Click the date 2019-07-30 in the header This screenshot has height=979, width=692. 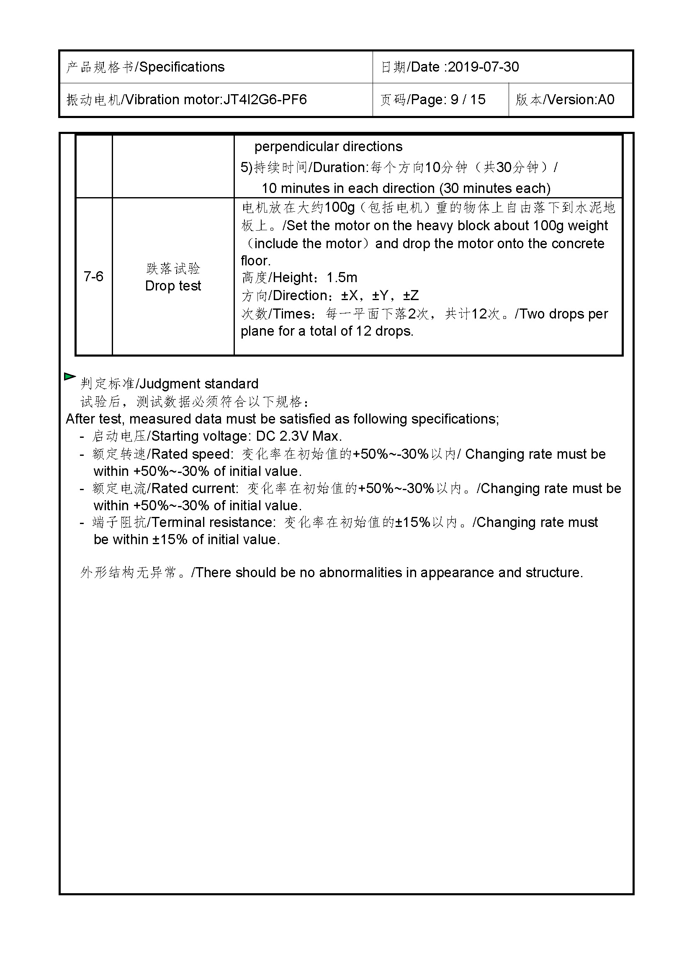483,67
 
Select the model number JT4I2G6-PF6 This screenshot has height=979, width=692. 265,100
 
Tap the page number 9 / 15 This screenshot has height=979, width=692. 468,100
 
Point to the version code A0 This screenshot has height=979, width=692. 606,100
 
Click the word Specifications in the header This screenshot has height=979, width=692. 182,67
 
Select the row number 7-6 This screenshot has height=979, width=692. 93,277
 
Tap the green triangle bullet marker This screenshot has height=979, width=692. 69,377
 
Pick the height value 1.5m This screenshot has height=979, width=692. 342,278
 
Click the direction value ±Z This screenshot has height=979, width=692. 411,295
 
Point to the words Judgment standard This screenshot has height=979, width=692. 199,384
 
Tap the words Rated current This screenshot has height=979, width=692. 194,488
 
